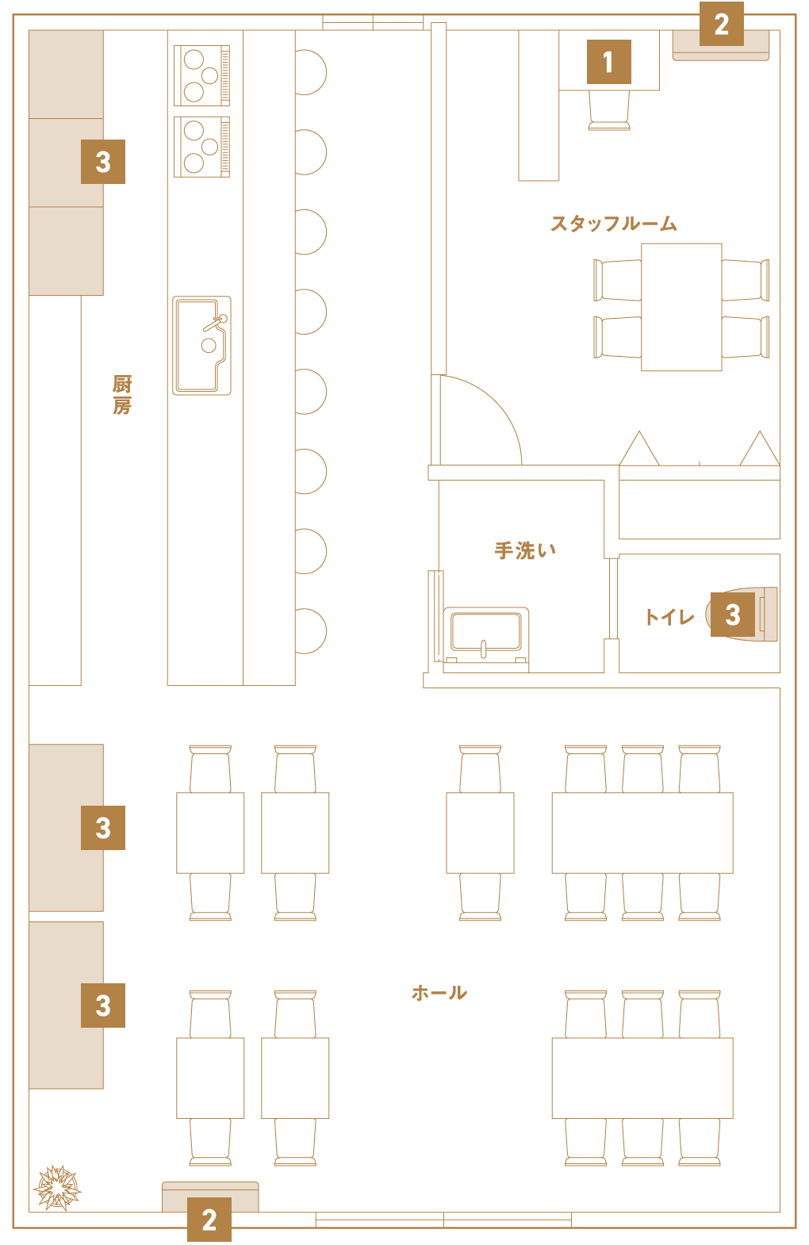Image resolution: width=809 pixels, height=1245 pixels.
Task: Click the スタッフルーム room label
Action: (613, 224)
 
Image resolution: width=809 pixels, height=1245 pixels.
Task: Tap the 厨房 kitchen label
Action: (122, 395)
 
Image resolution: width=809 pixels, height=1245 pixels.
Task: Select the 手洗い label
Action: (525, 550)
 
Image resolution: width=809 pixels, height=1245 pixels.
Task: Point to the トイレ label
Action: (669, 617)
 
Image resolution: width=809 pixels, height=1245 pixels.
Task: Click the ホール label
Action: (439, 993)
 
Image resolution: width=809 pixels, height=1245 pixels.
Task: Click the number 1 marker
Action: (609, 62)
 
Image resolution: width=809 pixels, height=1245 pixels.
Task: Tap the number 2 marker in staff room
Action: (721, 24)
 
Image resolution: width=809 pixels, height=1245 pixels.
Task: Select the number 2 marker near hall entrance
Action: (209, 1220)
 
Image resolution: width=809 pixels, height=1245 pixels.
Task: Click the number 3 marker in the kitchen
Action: (103, 162)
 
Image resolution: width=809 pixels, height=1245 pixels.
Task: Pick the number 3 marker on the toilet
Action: (733, 614)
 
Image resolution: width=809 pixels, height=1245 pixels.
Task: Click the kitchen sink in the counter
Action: (201, 345)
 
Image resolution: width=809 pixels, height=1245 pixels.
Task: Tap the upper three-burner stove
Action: (201, 75)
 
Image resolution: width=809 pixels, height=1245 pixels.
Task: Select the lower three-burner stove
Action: (201, 147)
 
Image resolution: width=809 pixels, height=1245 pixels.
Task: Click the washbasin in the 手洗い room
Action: (486, 639)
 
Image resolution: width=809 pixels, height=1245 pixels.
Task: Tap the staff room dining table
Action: (681, 307)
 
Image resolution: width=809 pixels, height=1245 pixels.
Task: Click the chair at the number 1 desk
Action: (609, 110)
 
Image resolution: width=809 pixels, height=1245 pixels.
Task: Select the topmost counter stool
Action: (311, 72)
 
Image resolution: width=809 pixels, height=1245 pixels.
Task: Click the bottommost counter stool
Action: (311, 631)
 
